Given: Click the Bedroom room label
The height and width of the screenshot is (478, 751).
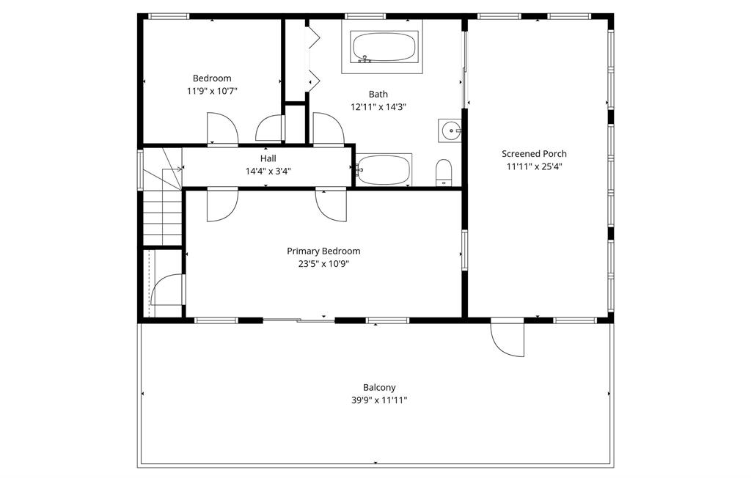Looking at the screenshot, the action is click(212, 78).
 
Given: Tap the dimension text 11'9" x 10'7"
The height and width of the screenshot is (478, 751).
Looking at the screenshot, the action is click(212, 90).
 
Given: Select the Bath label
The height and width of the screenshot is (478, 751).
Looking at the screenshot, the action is click(378, 95).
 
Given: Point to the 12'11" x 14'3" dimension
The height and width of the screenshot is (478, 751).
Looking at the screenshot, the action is click(378, 107).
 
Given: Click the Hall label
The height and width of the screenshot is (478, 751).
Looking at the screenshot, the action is click(268, 158).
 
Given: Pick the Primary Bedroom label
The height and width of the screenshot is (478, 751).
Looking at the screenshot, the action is click(323, 251).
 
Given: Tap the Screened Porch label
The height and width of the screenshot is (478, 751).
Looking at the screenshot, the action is click(534, 154).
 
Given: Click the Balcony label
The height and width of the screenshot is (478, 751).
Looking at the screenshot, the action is click(379, 388).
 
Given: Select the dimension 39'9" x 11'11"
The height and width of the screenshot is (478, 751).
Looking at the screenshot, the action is click(379, 400).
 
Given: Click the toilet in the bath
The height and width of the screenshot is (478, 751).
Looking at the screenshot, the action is click(444, 172).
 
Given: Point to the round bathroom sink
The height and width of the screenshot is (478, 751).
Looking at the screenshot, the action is click(450, 130).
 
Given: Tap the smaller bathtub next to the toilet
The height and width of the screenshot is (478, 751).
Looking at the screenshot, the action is click(383, 169).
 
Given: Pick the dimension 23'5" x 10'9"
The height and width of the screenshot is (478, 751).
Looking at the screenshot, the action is click(323, 264).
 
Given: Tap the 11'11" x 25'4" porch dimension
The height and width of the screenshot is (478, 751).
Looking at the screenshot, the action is click(534, 166).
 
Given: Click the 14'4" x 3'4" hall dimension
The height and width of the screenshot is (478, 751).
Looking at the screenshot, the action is click(268, 171).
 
